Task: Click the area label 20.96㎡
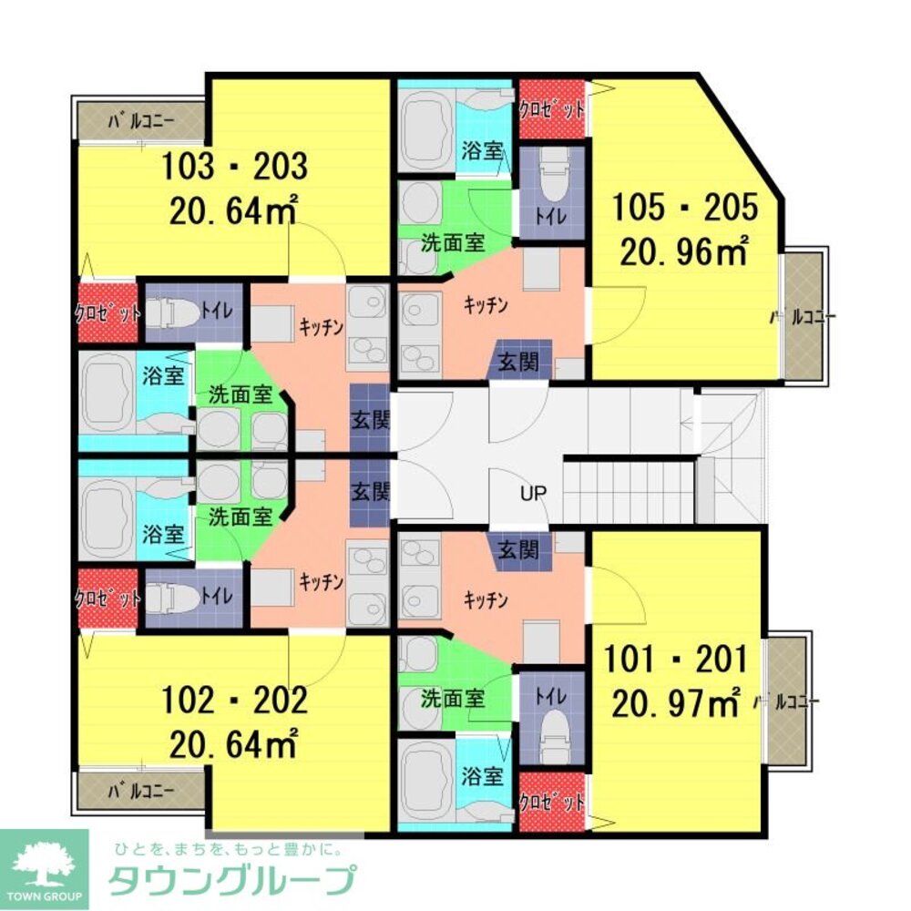[683, 251]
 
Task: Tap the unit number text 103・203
[234, 168]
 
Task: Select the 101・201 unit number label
[680, 658]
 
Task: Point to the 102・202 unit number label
[234, 701]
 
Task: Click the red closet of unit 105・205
[551, 109]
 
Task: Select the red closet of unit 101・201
[551, 803]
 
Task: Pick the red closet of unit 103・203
[107, 312]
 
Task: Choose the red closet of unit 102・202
[107, 599]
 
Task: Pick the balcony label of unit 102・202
[140, 789]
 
